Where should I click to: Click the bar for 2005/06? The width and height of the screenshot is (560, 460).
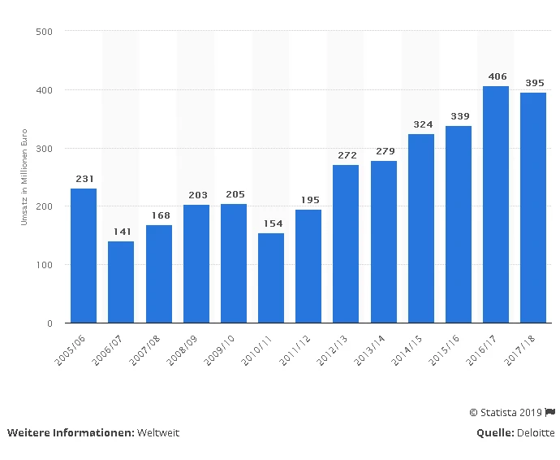84,255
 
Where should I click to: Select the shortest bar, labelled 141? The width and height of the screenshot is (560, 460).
121,282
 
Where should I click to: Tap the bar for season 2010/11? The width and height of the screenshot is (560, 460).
271,278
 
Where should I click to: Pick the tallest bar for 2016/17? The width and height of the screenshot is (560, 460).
496,204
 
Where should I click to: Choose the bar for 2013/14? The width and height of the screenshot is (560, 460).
384,241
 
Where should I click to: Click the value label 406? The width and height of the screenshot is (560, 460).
496,76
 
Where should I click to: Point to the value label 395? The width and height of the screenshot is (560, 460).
533,83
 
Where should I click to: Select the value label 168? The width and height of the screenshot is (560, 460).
159,215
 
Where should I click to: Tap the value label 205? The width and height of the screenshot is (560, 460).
234,194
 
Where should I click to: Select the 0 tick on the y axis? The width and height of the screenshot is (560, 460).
50,323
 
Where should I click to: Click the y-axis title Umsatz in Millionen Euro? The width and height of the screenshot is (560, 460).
25,177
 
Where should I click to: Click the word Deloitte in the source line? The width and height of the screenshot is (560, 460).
536,433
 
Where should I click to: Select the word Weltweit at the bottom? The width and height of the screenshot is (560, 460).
158,433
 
